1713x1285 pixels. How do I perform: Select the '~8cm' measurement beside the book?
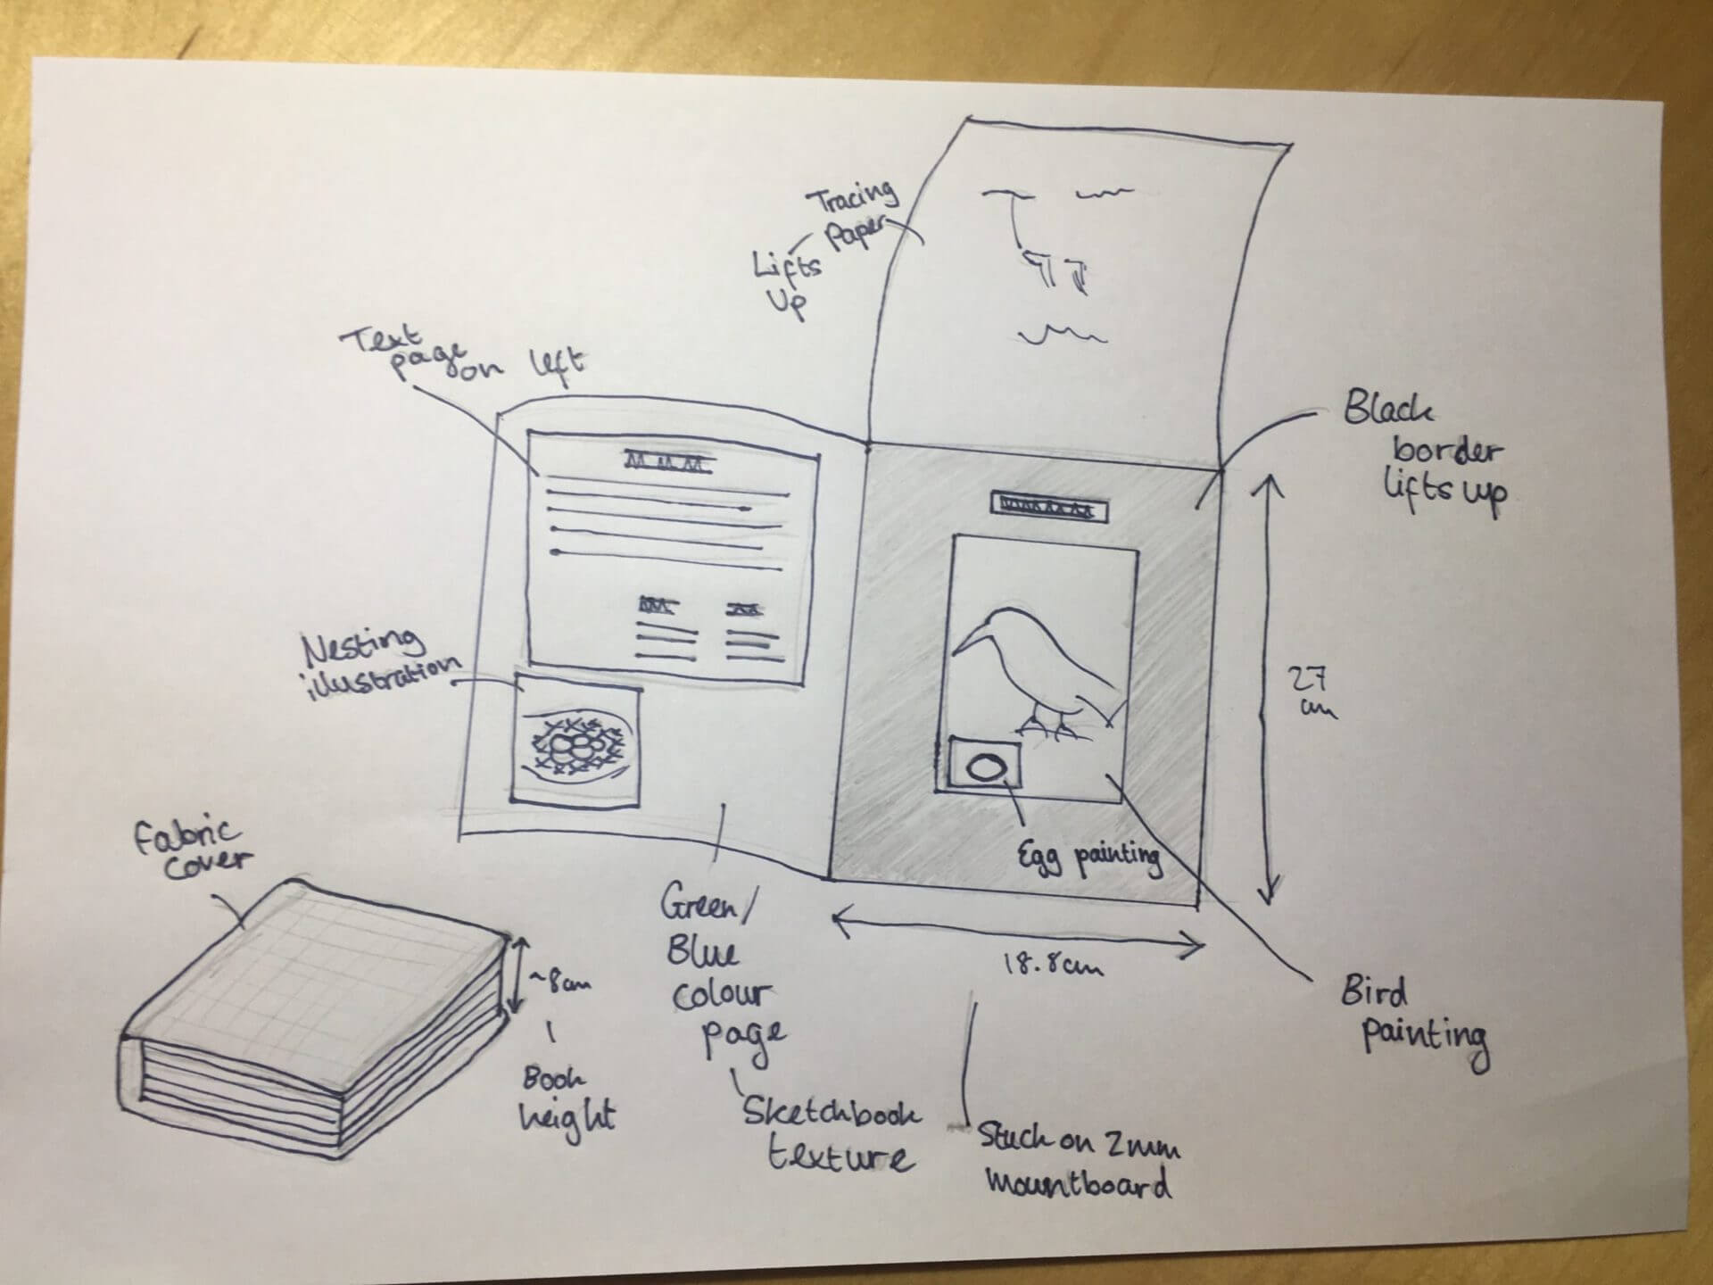click(560, 982)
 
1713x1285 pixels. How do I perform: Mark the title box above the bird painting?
click(1048, 510)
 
